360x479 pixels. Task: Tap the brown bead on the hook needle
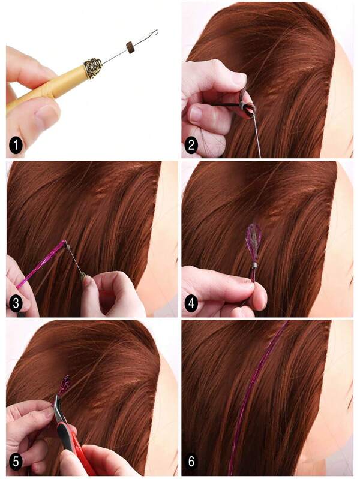pos(128,48)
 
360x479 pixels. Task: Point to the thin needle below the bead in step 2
pos(257,135)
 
